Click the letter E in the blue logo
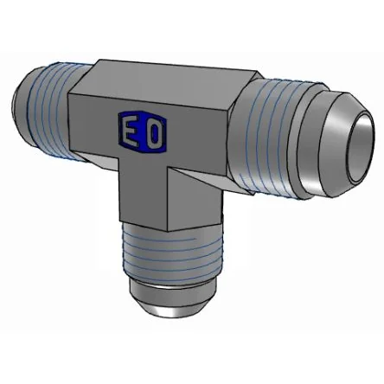131,132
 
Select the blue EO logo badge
143,131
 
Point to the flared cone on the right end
336,144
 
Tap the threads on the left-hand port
49,112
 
